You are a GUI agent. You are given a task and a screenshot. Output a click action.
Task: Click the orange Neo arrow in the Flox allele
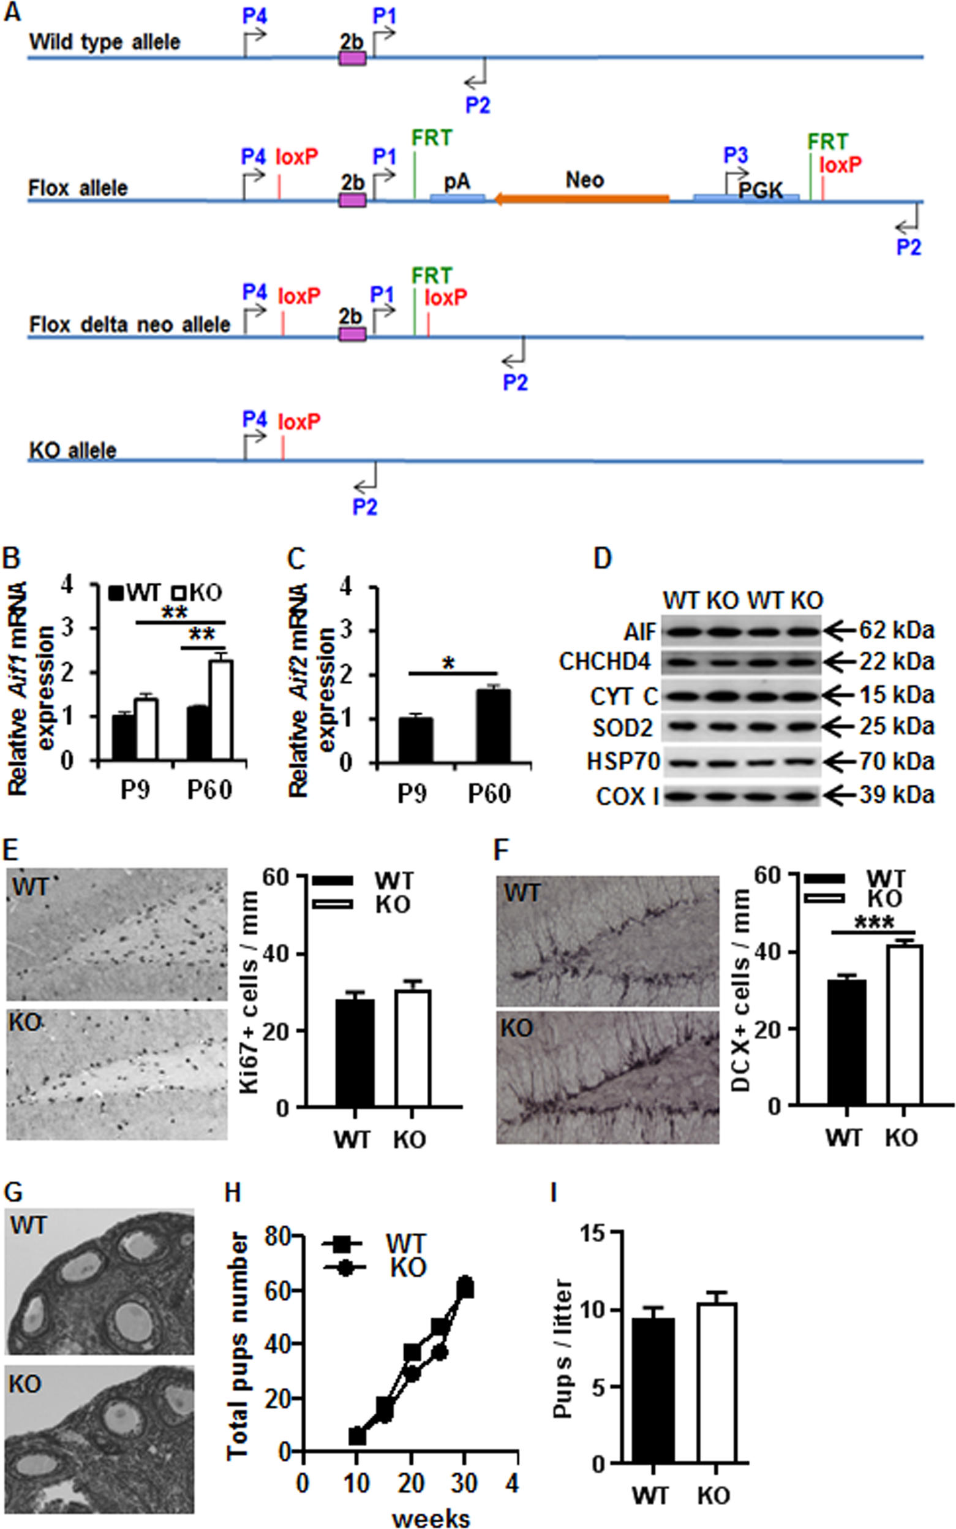[x=582, y=199]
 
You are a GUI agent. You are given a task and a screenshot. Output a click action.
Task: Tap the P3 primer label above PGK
[x=736, y=156]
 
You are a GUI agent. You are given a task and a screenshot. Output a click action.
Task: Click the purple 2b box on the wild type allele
[x=352, y=59]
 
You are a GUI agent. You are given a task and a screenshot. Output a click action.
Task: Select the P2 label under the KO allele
[x=365, y=507]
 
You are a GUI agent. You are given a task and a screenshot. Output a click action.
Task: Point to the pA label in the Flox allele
[x=456, y=181]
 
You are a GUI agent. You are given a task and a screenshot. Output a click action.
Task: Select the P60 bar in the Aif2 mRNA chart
[x=493, y=726]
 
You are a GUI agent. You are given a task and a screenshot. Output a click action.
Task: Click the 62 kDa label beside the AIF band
[x=896, y=630]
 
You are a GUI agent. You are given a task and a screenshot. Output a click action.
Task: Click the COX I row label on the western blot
[x=626, y=796]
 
